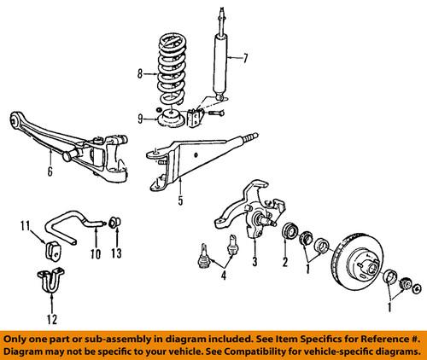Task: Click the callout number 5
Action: click(179, 202)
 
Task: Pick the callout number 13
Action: click(117, 253)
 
